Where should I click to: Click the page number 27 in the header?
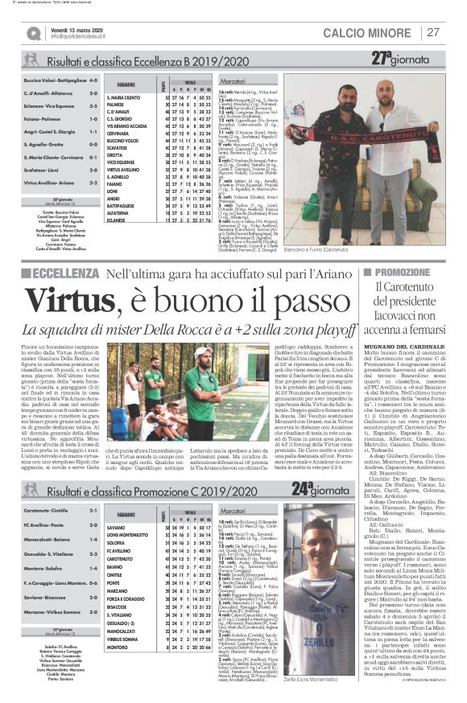[x=433, y=32]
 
